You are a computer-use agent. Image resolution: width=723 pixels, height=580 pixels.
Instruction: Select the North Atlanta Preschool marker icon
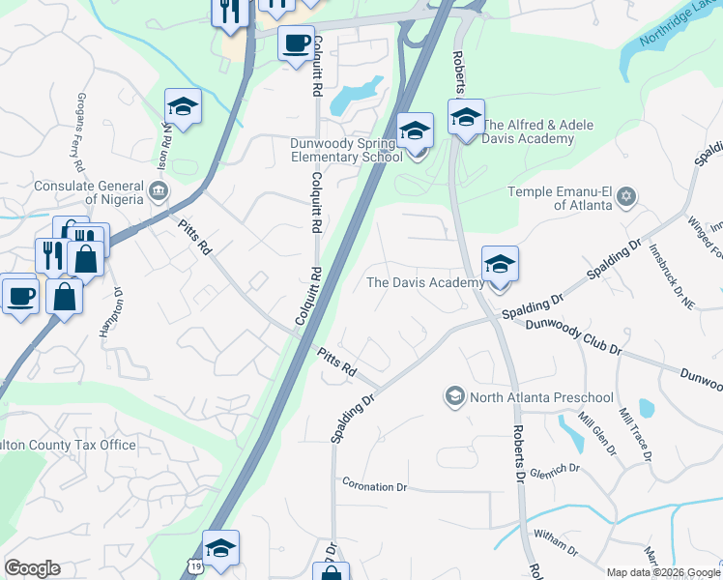(x=454, y=396)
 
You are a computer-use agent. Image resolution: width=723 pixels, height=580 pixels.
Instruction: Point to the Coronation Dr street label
(x=375, y=486)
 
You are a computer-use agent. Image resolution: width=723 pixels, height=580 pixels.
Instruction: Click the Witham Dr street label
(x=555, y=551)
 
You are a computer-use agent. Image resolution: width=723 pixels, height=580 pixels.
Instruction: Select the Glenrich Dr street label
(x=555, y=468)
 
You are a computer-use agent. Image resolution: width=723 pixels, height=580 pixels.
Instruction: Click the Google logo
(x=32, y=568)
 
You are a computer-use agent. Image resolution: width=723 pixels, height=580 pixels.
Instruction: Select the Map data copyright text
(x=662, y=572)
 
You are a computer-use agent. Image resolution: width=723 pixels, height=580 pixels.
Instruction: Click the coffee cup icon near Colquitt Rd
(x=297, y=43)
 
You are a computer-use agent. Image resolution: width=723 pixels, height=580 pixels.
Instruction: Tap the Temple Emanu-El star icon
(x=626, y=197)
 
